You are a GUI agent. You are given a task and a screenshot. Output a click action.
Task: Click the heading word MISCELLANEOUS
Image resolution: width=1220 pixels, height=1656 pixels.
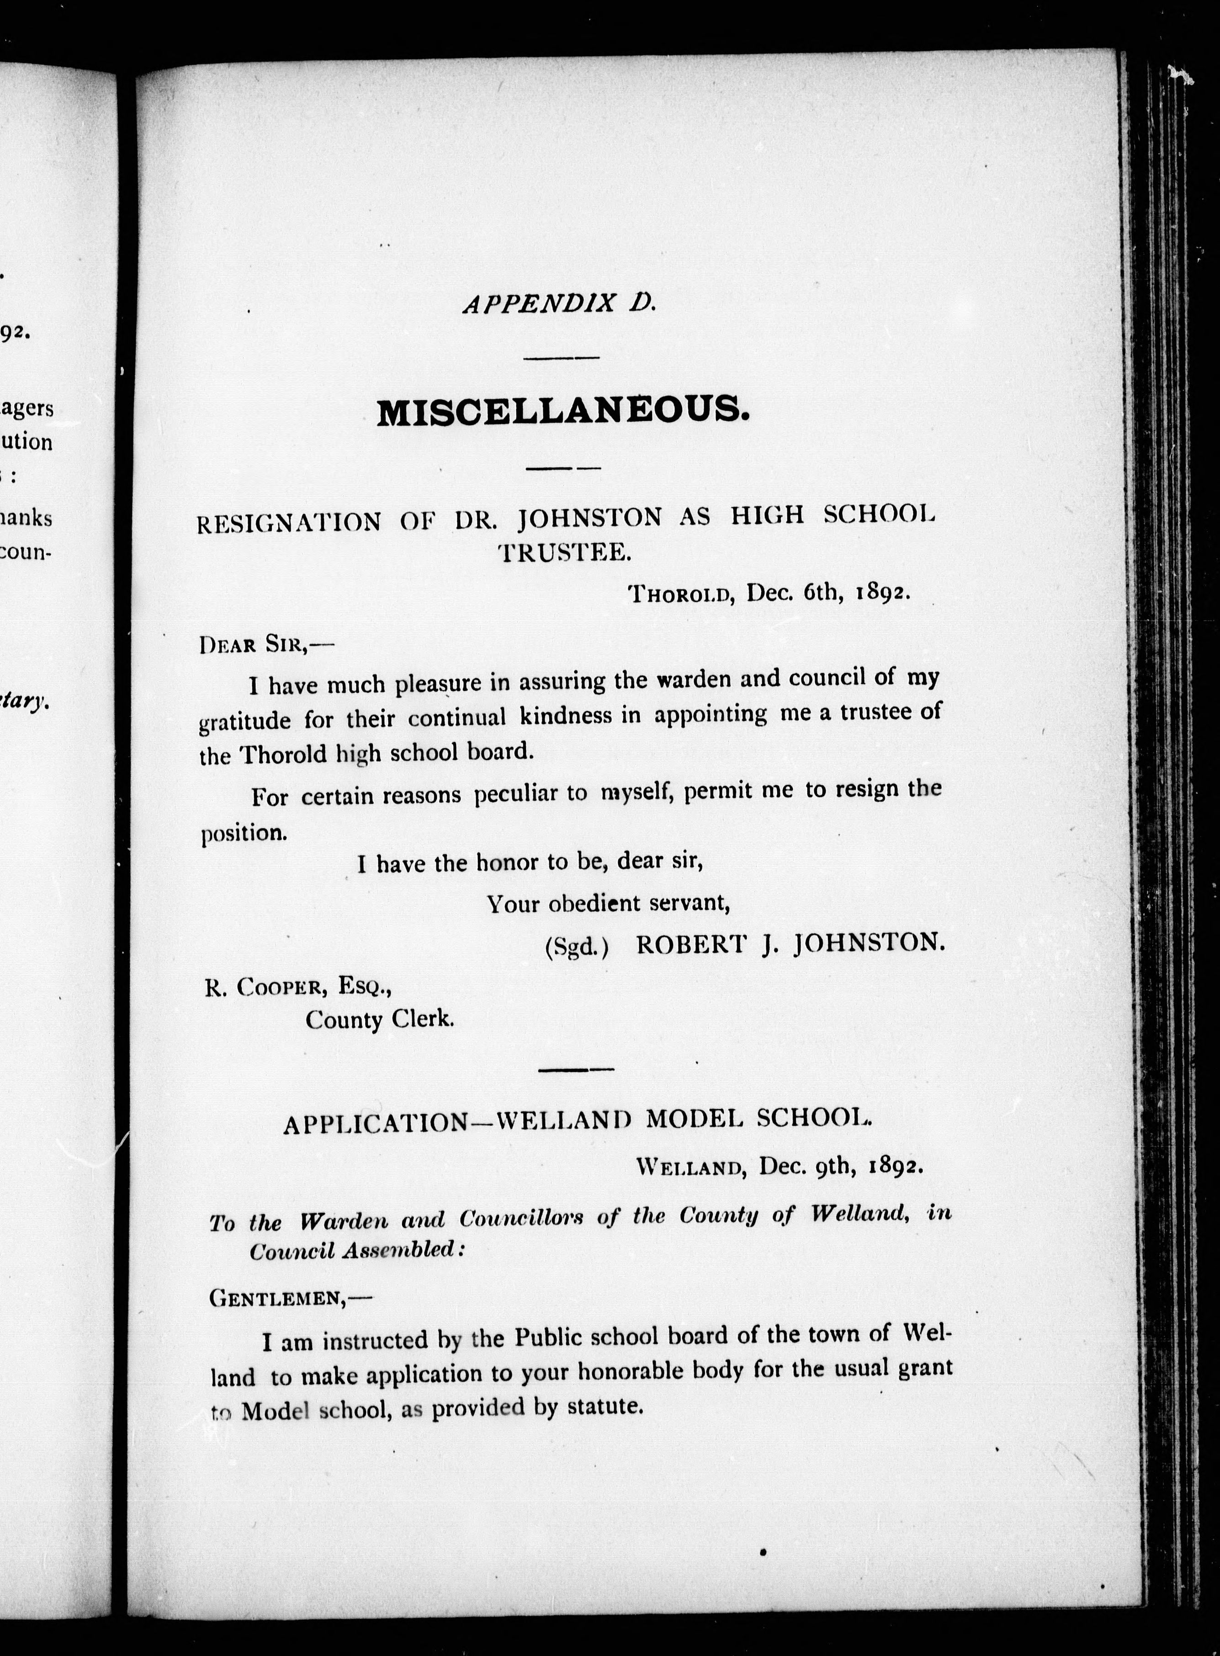pyautogui.click(x=563, y=412)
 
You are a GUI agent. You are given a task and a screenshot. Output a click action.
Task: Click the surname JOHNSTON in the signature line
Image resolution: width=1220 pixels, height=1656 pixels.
pyautogui.click(x=869, y=943)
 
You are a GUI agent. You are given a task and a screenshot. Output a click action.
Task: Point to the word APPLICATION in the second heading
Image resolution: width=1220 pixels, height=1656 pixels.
pyautogui.click(x=375, y=1124)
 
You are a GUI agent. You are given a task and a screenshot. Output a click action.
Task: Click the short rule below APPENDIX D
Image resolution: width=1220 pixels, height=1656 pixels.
pyautogui.click(x=561, y=358)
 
